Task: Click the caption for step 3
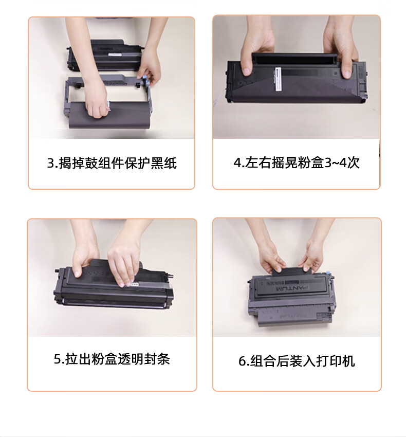coord(112,163)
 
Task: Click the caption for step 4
coord(297,162)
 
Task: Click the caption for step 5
coord(112,359)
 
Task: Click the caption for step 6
coord(297,361)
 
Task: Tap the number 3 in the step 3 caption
coord(50,163)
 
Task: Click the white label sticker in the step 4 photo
coord(279,79)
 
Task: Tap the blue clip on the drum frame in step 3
coord(145,80)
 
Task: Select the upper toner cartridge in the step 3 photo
coord(104,55)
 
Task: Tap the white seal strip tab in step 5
coord(134,284)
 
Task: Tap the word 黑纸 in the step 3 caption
coord(163,163)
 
